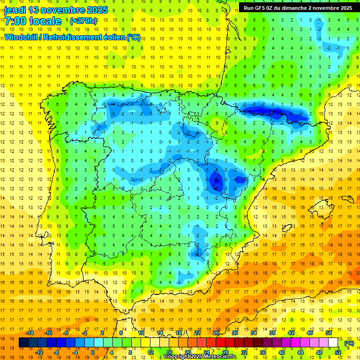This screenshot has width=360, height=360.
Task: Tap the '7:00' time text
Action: pos(15,21)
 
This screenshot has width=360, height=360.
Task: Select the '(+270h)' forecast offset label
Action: pos(83,21)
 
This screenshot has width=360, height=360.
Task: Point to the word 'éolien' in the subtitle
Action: pos(114,37)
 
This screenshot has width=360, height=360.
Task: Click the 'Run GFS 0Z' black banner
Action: pos(298,7)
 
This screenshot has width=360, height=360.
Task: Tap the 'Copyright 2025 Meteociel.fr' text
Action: pos(200,357)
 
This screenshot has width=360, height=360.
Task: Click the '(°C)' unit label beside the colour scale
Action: pos(349,343)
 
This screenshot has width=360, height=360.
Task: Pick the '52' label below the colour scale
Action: pos(338,352)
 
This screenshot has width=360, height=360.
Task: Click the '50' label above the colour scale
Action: pos(329,333)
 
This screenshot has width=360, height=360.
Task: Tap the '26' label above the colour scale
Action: pos(216,333)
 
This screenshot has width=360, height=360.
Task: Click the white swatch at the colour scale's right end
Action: pos(333,343)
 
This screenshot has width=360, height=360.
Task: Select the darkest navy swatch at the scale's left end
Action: pos(23,343)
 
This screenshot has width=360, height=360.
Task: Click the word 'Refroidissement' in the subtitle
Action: pos(75,37)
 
